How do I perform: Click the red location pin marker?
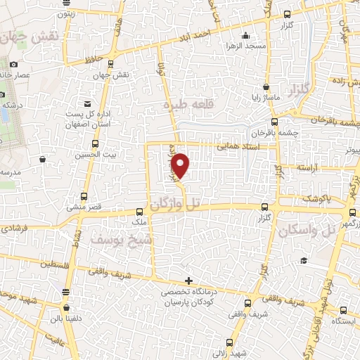pyautogui.click(x=181, y=164)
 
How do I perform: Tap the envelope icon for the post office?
pyautogui.click(x=86, y=103)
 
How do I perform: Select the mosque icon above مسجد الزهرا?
pyautogui.click(x=245, y=37)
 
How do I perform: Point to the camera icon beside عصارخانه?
pyautogui.click(x=13, y=65)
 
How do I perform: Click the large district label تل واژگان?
pyautogui.click(x=180, y=204)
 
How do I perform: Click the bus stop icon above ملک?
pyautogui.click(x=139, y=210)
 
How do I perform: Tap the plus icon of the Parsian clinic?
pyautogui.click(x=188, y=281)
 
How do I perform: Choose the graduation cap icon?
pyautogui.click(x=303, y=261)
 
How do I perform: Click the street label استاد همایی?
pyautogui.click(x=238, y=146)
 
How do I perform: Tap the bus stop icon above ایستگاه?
pyautogui.click(x=342, y=309)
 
